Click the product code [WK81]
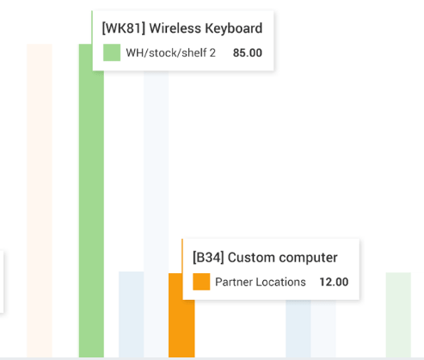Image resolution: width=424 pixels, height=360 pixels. click(x=124, y=28)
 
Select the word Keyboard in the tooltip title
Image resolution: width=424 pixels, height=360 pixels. click(x=234, y=28)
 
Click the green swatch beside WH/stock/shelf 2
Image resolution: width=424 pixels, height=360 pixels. click(x=112, y=52)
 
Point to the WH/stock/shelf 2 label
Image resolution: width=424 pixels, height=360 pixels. click(x=170, y=53)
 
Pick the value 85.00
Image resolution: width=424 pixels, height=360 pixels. click(x=248, y=53)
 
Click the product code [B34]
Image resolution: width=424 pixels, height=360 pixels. click(x=208, y=258)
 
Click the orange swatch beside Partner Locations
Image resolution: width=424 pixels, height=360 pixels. click(x=201, y=282)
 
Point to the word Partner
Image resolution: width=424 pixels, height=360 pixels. click(x=234, y=282)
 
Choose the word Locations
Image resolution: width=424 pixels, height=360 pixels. click(x=280, y=282)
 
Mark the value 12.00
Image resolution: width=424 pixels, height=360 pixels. click(x=334, y=282)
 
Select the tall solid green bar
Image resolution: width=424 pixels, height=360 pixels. click(x=91, y=200)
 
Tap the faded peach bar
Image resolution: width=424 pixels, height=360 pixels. click(x=40, y=200)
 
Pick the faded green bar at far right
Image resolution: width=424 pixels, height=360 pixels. click(x=398, y=314)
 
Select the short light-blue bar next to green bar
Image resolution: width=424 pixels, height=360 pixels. click(x=132, y=314)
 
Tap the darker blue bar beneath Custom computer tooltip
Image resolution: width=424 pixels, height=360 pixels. click(x=298, y=329)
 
